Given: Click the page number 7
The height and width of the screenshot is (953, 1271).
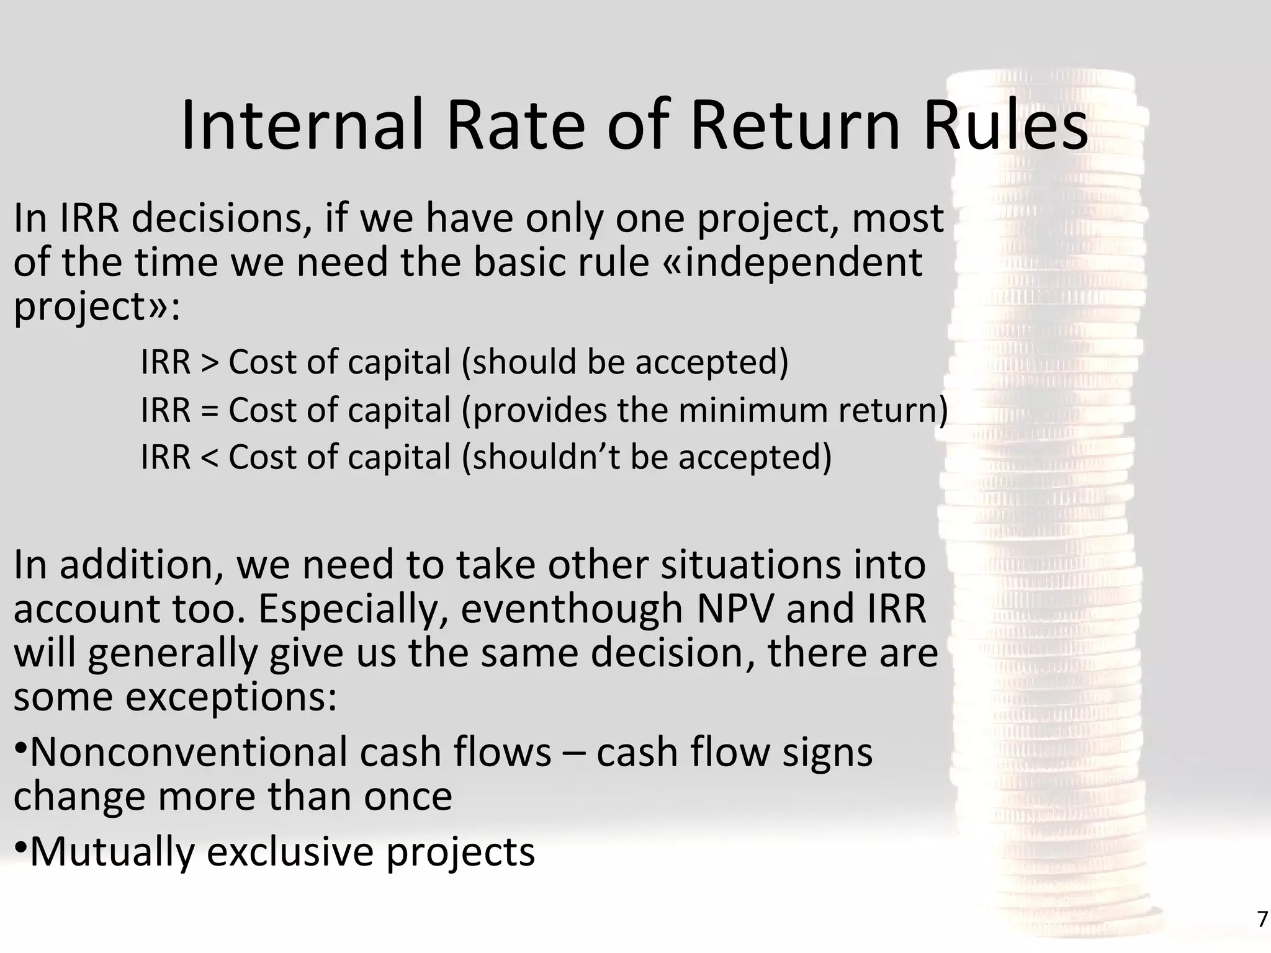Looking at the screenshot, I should click(1262, 919).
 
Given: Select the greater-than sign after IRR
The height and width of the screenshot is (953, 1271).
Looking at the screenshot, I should click(210, 362).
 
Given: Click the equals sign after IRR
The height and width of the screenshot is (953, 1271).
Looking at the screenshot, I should click(210, 411).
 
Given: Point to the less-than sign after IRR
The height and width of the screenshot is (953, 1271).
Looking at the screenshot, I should click(210, 458).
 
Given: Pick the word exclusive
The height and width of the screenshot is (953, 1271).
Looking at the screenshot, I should click(290, 851).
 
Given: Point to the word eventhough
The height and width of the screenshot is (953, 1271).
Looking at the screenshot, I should click(571, 609).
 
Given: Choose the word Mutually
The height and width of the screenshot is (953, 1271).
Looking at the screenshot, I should click(112, 851).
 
